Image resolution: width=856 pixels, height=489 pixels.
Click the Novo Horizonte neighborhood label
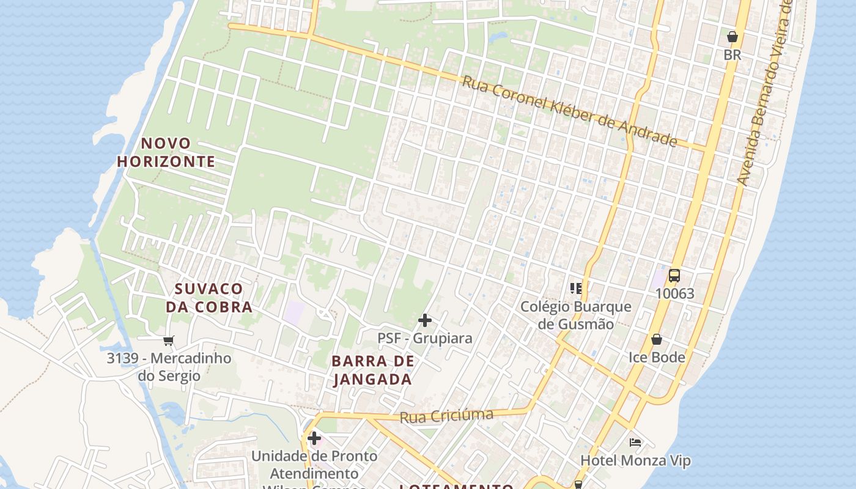point(166,152)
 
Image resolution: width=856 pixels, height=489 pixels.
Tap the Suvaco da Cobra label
point(209,298)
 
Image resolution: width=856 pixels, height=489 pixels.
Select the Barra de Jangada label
point(373,370)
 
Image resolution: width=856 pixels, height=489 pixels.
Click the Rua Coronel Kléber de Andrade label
point(569,111)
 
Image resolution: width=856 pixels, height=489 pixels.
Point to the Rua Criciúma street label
point(446,416)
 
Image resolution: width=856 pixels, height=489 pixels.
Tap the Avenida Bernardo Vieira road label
point(765,92)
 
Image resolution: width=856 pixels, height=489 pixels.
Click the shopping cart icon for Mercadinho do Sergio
point(169,340)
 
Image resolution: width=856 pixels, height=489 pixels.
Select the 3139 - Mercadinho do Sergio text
point(169,367)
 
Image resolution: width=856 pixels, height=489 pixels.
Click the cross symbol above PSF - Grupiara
point(425,320)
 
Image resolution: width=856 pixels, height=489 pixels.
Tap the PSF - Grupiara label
point(425,338)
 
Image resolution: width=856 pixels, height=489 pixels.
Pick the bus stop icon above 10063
point(674,276)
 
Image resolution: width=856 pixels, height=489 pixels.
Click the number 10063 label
point(674,293)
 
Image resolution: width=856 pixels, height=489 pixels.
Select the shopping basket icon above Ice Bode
point(657,339)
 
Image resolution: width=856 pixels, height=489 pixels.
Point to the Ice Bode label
point(657,357)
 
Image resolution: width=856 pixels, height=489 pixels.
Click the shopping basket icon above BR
point(732,37)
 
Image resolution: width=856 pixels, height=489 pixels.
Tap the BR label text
point(732,55)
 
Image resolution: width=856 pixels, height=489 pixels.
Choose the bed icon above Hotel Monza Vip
point(635,442)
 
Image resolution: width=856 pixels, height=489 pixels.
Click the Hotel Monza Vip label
point(635,460)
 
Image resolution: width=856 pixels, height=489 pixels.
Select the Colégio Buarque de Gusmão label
point(575,315)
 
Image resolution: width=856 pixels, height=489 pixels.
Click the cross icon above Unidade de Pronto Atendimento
point(314,438)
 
